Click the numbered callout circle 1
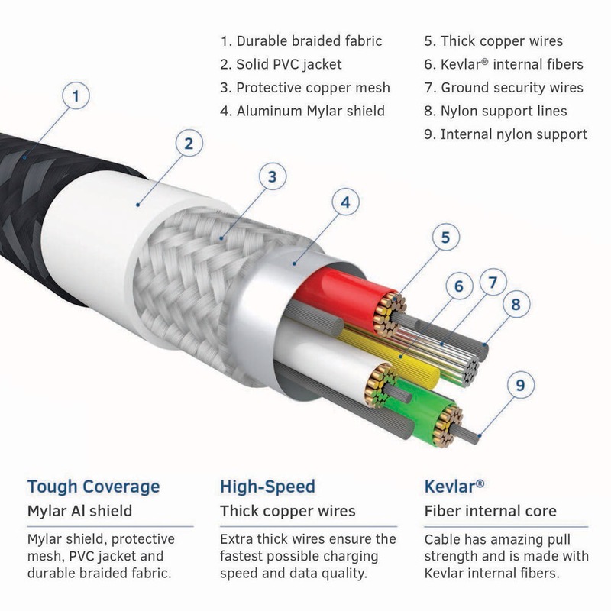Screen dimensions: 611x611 [76, 97]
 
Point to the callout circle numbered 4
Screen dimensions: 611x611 [346, 202]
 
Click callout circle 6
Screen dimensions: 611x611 [459, 287]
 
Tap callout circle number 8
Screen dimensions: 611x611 [516, 304]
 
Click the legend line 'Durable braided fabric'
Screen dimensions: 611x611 [301, 41]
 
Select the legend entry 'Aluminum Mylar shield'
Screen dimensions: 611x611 [302, 111]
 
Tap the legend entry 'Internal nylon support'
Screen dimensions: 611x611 [506, 134]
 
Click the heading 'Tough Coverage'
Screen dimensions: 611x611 [93, 487]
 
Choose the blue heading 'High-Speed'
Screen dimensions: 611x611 [267, 487]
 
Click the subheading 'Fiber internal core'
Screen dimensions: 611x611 [490, 511]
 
